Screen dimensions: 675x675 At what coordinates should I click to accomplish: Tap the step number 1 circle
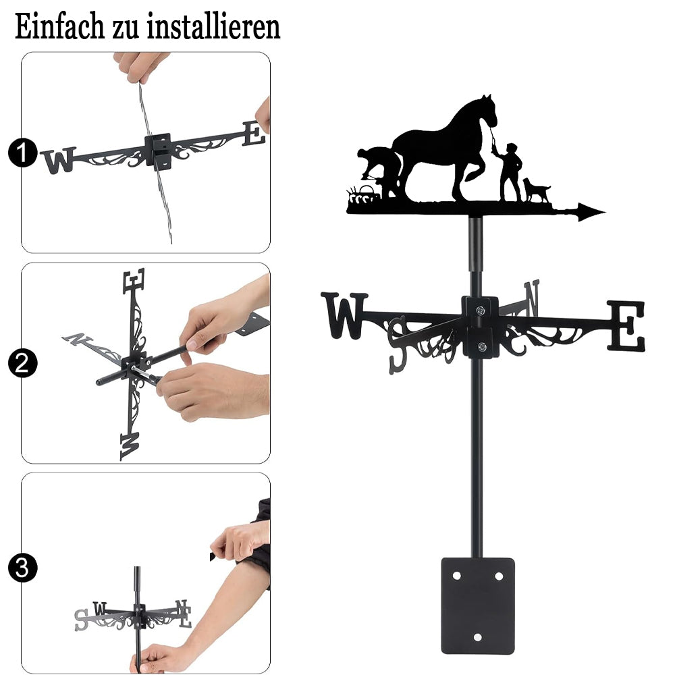pyautogui.click(x=22, y=153)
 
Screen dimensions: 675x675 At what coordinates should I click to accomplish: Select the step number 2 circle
pyautogui.click(x=22, y=363)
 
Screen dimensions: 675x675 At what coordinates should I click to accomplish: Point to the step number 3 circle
pyautogui.click(x=22, y=568)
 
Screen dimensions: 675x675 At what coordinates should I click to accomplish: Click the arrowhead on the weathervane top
pyautogui.click(x=591, y=212)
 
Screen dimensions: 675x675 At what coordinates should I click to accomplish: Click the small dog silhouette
pyautogui.click(x=536, y=190)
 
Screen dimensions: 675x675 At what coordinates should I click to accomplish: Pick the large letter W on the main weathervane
pyautogui.click(x=344, y=315)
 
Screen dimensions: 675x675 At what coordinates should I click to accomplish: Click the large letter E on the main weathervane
pyautogui.click(x=627, y=325)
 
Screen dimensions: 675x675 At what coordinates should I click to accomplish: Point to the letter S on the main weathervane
pyautogui.click(x=397, y=344)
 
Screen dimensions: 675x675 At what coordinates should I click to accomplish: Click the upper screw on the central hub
pyautogui.click(x=480, y=310)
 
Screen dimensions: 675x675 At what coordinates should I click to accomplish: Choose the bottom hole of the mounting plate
pyautogui.click(x=477, y=637)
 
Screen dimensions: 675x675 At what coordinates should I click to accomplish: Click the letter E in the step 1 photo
pyautogui.click(x=254, y=134)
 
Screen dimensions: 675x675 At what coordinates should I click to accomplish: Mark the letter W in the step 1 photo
pyautogui.click(x=58, y=160)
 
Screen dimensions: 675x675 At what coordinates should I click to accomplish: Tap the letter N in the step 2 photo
pyautogui.click(x=78, y=339)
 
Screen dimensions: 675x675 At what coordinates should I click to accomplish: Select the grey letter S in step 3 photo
pyautogui.click(x=81, y=620)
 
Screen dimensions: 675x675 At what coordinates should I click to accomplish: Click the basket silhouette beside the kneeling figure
pyautogui.click(x=367, y=192)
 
